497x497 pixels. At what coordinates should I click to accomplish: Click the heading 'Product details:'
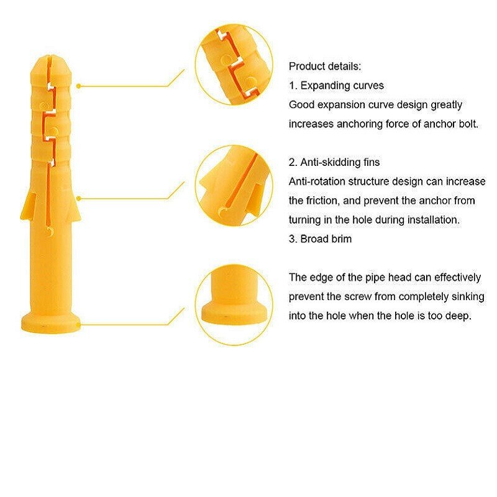coord(325,66)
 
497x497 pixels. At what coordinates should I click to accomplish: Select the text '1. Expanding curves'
coord(336,85)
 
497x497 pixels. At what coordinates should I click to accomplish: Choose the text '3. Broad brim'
coord(320,239)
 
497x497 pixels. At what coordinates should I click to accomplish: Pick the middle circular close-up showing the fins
coord(234,185)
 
